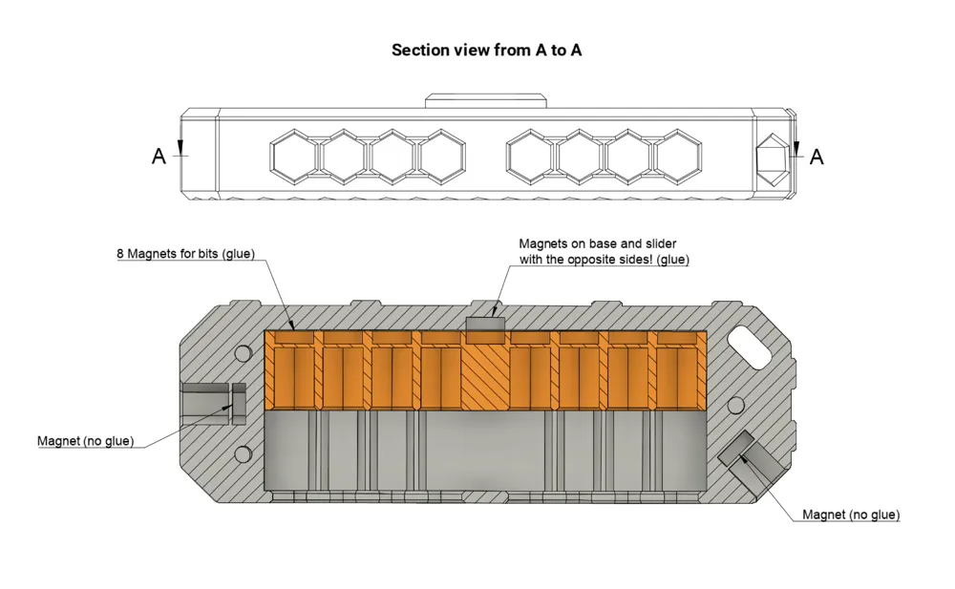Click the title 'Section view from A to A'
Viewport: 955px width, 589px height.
(x=486, y=50)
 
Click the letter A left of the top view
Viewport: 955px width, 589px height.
(x=159, y=157)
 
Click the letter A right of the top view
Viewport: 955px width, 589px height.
(x=817, y=158)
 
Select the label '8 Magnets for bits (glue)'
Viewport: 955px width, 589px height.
(x=186, y=253)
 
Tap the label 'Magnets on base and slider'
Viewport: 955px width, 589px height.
(x=598, y=243)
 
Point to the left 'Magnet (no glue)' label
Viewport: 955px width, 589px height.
(x=85, y=440)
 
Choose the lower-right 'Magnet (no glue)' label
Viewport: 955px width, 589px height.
(x=851, y=515)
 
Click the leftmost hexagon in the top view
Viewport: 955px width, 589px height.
(x=295, y=157)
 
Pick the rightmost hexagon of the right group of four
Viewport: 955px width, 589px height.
(x=677, y=157)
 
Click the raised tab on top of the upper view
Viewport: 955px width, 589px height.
(x=485, y=101)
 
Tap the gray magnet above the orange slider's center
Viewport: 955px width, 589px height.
(x=485, y=325)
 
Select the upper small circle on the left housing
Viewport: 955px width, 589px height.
(x=243, y=353)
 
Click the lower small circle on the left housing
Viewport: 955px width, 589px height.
(x=243, y=453)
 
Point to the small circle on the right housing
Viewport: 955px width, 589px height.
(x=735, y=405)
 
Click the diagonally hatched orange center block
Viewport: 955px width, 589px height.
(x=485, y=370)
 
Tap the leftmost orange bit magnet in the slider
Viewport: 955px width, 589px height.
(x=294, y=337)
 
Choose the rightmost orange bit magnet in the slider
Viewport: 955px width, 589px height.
(x=677, y=337)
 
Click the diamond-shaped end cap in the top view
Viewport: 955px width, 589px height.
(x=773, y=158)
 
